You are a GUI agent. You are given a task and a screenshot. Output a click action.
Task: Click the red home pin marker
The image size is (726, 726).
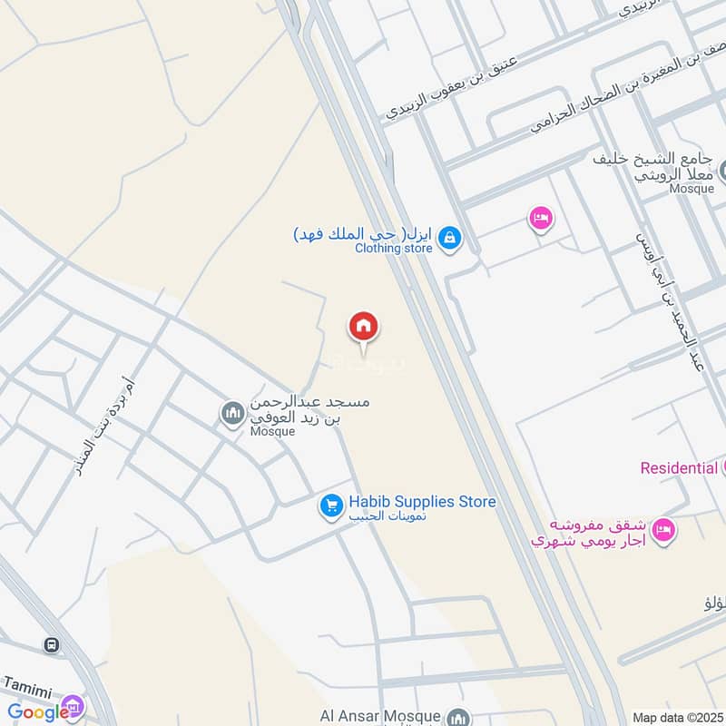point(364,326)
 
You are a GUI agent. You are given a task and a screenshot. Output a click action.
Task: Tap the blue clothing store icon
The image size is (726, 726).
point(448,239)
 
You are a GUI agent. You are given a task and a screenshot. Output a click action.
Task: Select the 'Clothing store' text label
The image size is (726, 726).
point(393,247)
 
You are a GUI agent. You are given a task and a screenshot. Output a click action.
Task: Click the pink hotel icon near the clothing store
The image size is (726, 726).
point(541,218)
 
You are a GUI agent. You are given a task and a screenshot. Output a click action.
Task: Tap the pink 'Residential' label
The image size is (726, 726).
point(679,468)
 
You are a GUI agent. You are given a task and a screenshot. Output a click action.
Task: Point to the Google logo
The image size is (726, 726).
point(38,712)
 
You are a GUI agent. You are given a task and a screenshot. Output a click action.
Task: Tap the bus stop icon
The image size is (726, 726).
point(51,645)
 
